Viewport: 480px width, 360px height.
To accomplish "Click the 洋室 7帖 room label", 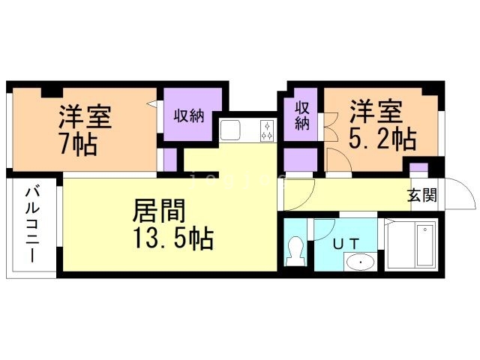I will pyautogui.click(x=85, y=129).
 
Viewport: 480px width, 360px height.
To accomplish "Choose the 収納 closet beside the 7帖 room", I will pyautogui.click(x=190, y=115).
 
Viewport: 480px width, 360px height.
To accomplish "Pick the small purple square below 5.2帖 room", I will pyautogui.click(x=418, y=169).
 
